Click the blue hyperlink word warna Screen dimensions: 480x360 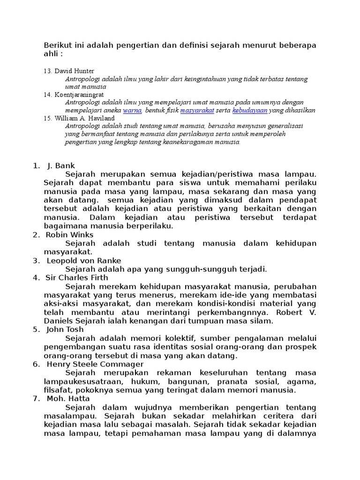pos(132,111)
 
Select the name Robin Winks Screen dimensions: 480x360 pos(70,235)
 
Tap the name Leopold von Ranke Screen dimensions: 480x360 pos(84,261)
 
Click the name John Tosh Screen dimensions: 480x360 pos(65,329)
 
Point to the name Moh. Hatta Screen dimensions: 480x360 pos(66,398)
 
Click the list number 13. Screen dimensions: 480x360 pos(47,71)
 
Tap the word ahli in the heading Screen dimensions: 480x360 pos(51,54)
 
